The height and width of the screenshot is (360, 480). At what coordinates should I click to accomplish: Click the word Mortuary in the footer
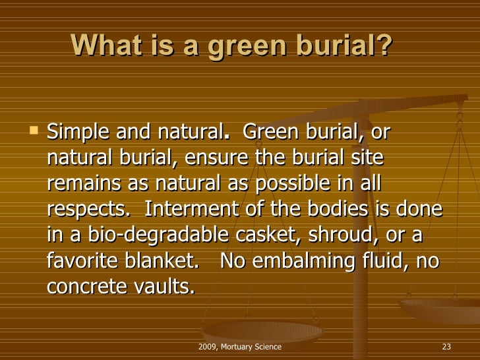point(242,347)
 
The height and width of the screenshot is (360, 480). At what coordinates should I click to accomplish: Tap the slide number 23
point(445,347)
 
